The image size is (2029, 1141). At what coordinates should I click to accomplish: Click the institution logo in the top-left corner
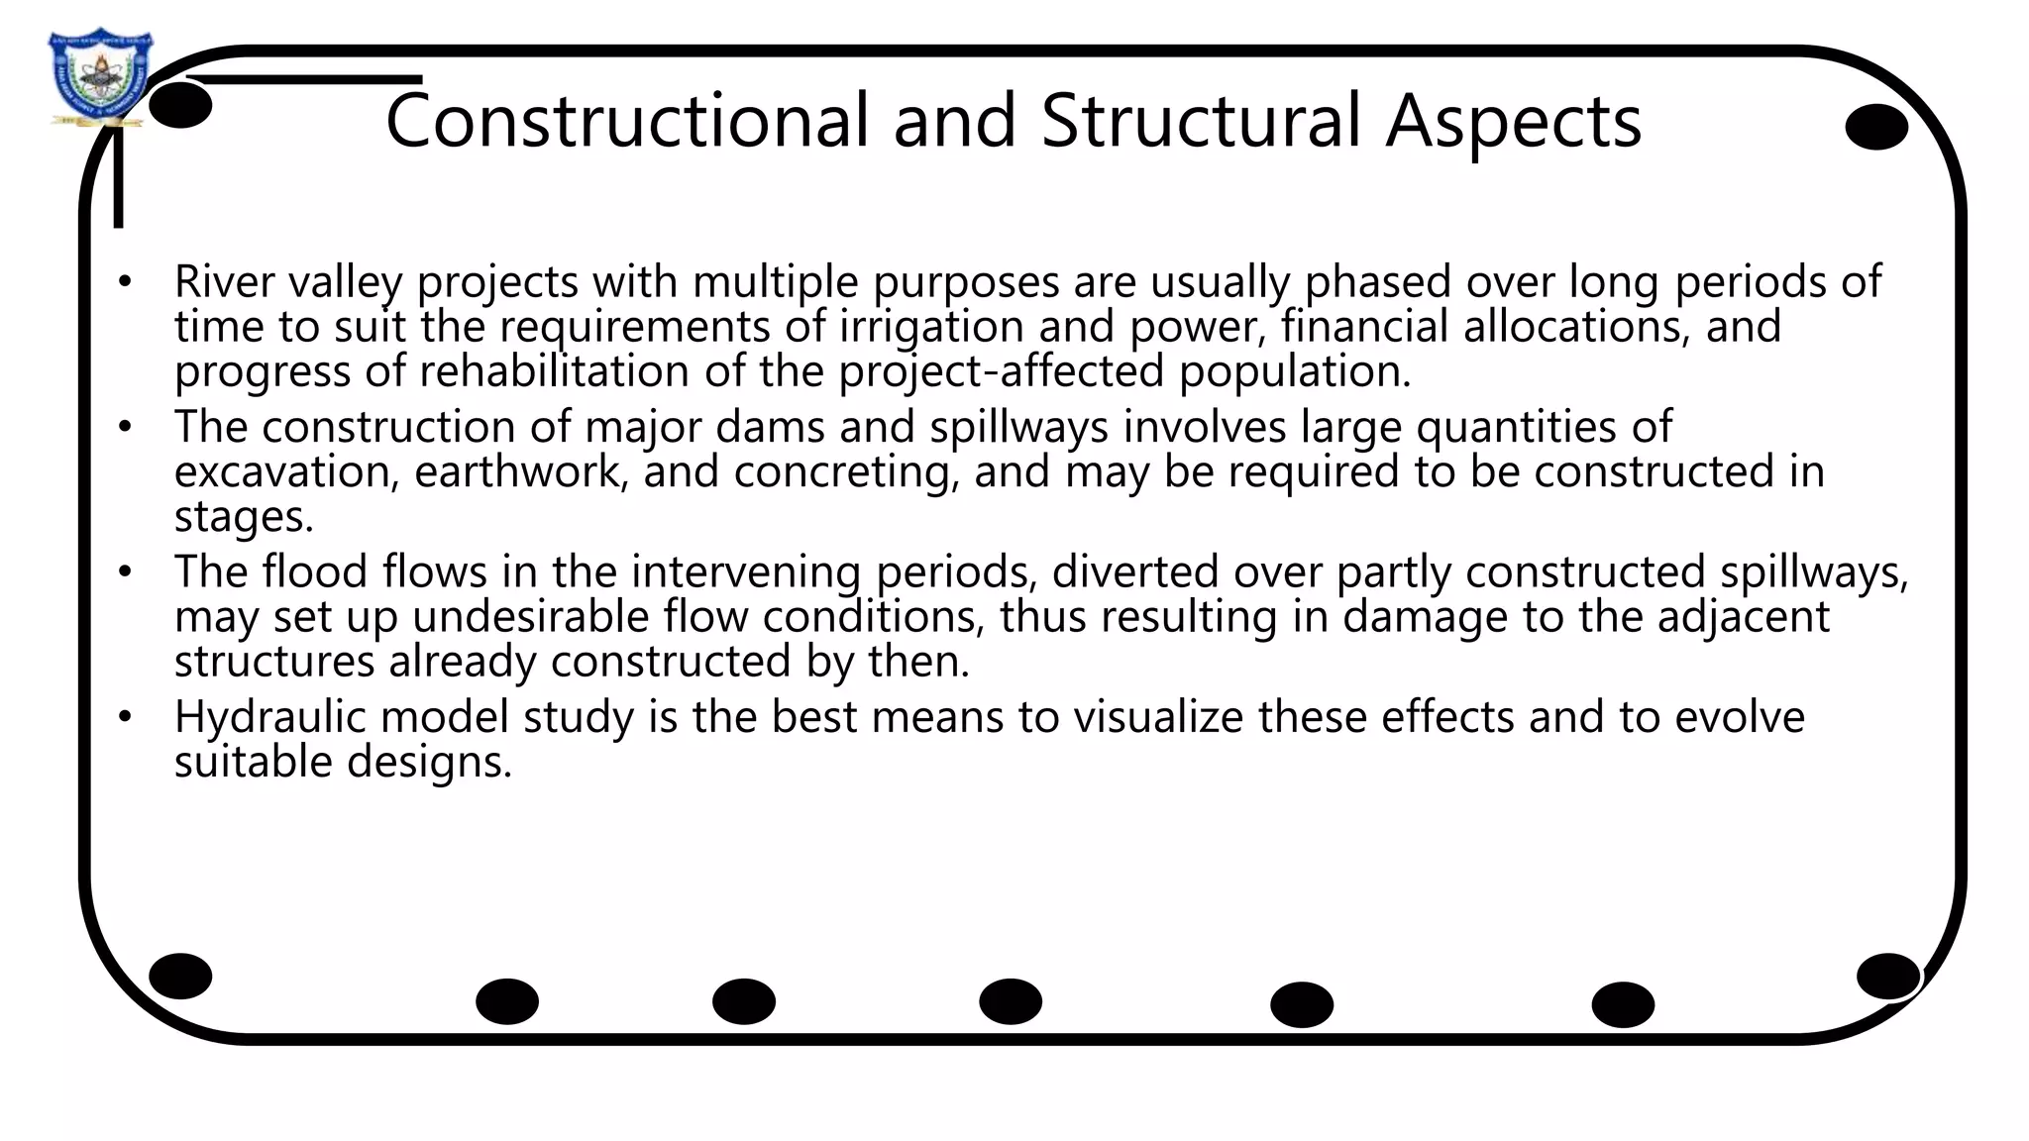point(99,77)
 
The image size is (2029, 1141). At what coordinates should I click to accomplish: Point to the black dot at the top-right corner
point(1876,127)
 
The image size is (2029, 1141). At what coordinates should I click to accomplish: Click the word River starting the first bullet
point(224,281)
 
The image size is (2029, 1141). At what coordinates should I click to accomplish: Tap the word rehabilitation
point(554,371)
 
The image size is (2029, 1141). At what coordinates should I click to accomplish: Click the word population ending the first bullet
point(1294,372)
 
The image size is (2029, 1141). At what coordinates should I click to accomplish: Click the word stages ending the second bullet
point(244,517)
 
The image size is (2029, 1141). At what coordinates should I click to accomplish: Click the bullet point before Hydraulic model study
point(124,716)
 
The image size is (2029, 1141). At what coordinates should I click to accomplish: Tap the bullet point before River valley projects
point(124,282)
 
